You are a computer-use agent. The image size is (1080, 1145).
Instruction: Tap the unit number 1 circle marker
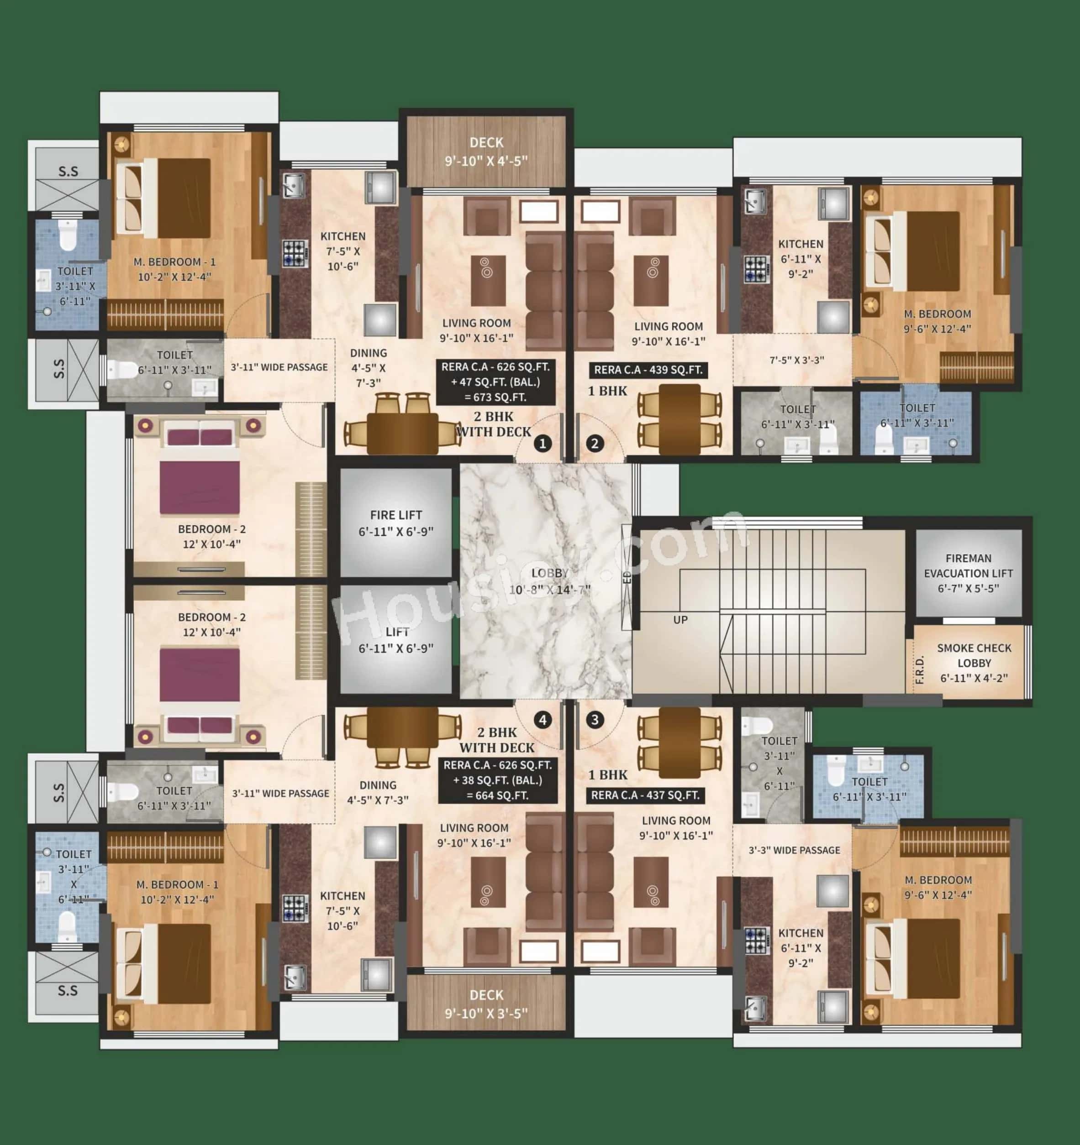tap(543, 444)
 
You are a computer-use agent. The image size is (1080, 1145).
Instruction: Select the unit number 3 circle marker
tap(595, 719)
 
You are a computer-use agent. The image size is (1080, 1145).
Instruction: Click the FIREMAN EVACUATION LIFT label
tap(968, 573)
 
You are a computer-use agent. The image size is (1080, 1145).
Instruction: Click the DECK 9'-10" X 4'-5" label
tap(486, 152)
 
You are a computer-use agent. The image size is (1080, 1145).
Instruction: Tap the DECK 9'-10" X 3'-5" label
tap(486, 1004)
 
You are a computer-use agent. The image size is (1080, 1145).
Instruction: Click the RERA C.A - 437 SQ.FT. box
tap(645, 795)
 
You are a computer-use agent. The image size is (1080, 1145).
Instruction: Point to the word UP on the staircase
tap(680, 620)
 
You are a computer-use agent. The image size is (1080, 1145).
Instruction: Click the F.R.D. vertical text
tap(920, 669)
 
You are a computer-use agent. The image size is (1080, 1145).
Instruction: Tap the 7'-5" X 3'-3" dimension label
tap(796, 361)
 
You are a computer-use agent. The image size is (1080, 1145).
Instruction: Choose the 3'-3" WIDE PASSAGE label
tap(794, 850)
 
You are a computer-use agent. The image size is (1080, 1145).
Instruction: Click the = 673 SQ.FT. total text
tap(495, 397)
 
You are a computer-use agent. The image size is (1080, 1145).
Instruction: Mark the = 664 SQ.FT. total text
tap(497, 796)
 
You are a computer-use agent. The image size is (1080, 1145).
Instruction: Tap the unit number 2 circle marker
tap(595, 444)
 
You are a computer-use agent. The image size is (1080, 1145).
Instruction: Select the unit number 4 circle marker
tap(543, 719)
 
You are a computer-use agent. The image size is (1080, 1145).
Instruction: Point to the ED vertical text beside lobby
tap(627, 577)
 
